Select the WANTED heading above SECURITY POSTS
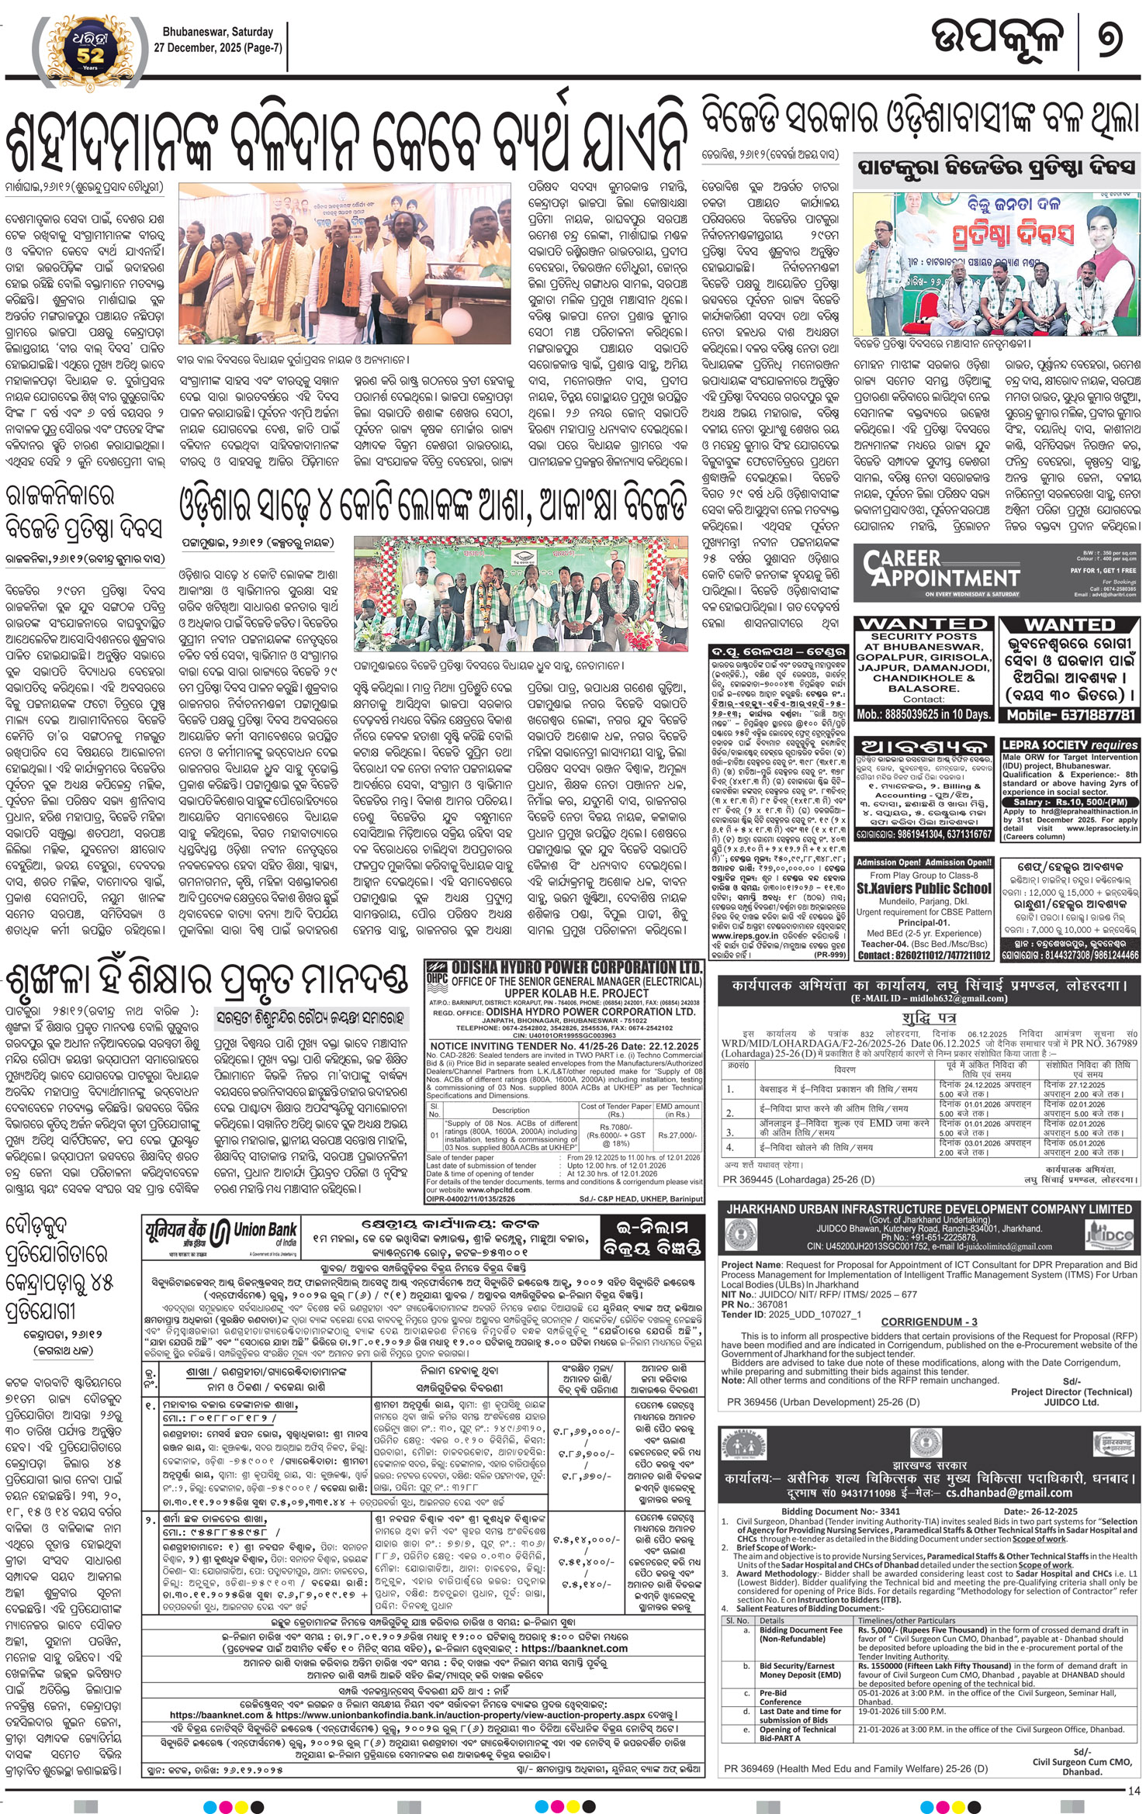921,624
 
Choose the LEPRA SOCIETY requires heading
1068,745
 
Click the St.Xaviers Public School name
923,888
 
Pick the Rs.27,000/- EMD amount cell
677,1134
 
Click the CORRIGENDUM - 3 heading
929,1321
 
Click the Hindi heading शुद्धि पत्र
929,1017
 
